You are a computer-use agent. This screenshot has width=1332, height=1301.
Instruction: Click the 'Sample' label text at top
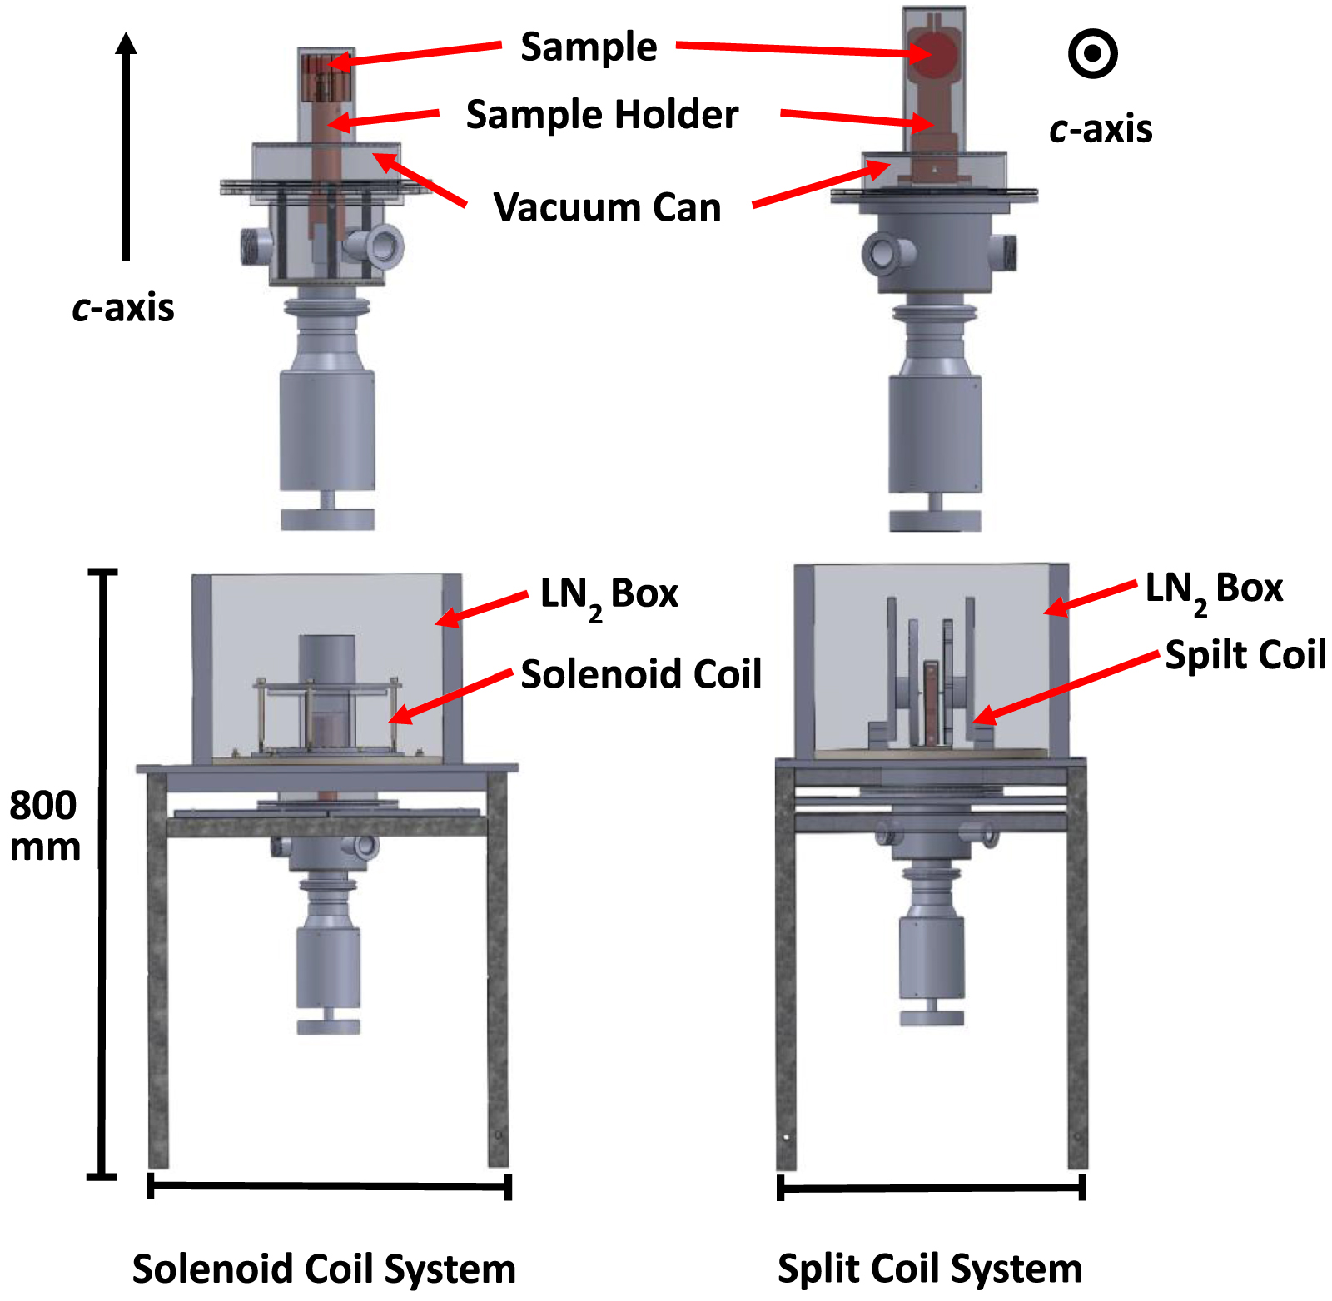click(589, 47)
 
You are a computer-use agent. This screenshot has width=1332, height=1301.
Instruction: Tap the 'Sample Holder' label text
click(601, 115)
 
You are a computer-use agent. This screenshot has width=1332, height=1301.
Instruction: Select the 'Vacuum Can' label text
click(607, 207)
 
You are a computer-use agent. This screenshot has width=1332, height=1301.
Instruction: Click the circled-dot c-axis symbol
click(1092, 54)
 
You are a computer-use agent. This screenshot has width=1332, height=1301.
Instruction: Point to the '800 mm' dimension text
click(43, 826)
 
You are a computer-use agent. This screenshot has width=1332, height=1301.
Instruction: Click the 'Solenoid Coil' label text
click(640, 674)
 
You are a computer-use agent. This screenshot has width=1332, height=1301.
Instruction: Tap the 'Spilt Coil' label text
click(1244, 655)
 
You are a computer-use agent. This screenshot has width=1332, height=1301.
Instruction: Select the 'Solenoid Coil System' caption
click(324, 1269)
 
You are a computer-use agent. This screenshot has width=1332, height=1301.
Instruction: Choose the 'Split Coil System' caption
click(929, 1269)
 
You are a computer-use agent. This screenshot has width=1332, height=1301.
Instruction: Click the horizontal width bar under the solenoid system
click(329, 1185)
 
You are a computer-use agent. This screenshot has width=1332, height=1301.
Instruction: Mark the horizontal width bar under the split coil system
click(931, 1188)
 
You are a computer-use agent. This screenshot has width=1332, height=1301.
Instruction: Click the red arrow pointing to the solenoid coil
click(450, 696)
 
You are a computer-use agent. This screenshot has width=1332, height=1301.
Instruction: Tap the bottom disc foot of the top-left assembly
click(327, 520)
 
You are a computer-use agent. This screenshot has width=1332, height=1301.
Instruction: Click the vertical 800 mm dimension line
click(102, 874)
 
